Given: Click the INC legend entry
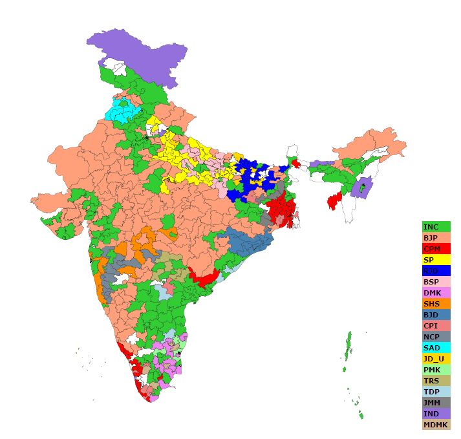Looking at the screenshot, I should point(436,227).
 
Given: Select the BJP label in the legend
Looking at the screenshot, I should point(436,238).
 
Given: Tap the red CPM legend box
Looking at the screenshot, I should point(436,249).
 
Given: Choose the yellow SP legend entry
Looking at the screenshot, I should point(436,260).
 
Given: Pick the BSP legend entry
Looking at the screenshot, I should point(436,282).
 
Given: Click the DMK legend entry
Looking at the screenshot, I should point(436,293).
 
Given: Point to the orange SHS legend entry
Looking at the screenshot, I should point(436,304).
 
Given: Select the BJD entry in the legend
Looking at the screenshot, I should point(436,315).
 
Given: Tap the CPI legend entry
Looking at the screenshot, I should point(436,326).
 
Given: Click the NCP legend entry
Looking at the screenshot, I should point(436,337).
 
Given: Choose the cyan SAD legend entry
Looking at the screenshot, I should point(436,348).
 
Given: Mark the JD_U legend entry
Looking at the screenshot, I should point(436,359).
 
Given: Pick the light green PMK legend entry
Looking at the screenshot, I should point(436,370).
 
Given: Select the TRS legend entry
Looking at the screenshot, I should point(436,381).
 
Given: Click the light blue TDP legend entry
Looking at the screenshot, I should point(436,392).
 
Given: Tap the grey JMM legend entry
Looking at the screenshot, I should point(436,403).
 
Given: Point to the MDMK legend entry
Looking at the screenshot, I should point(436,425).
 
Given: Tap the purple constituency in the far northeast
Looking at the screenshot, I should point(361,187).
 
